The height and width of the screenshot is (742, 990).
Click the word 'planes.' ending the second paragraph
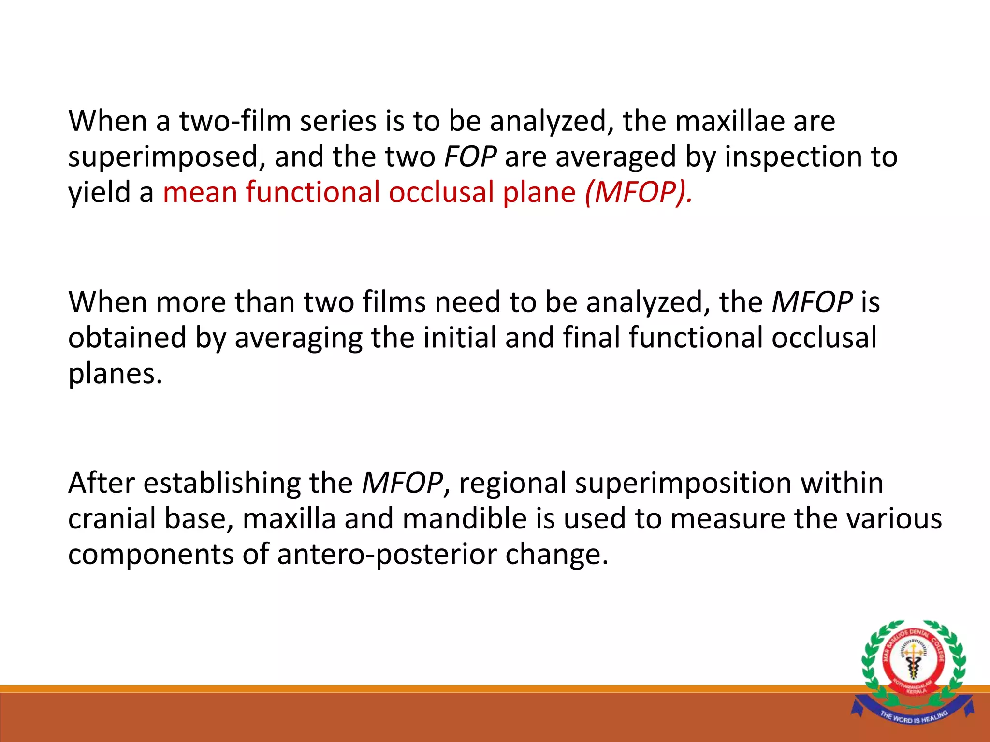[115, 374]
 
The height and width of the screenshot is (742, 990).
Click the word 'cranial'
[112, 519]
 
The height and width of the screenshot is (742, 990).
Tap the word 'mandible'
[465, 519]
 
